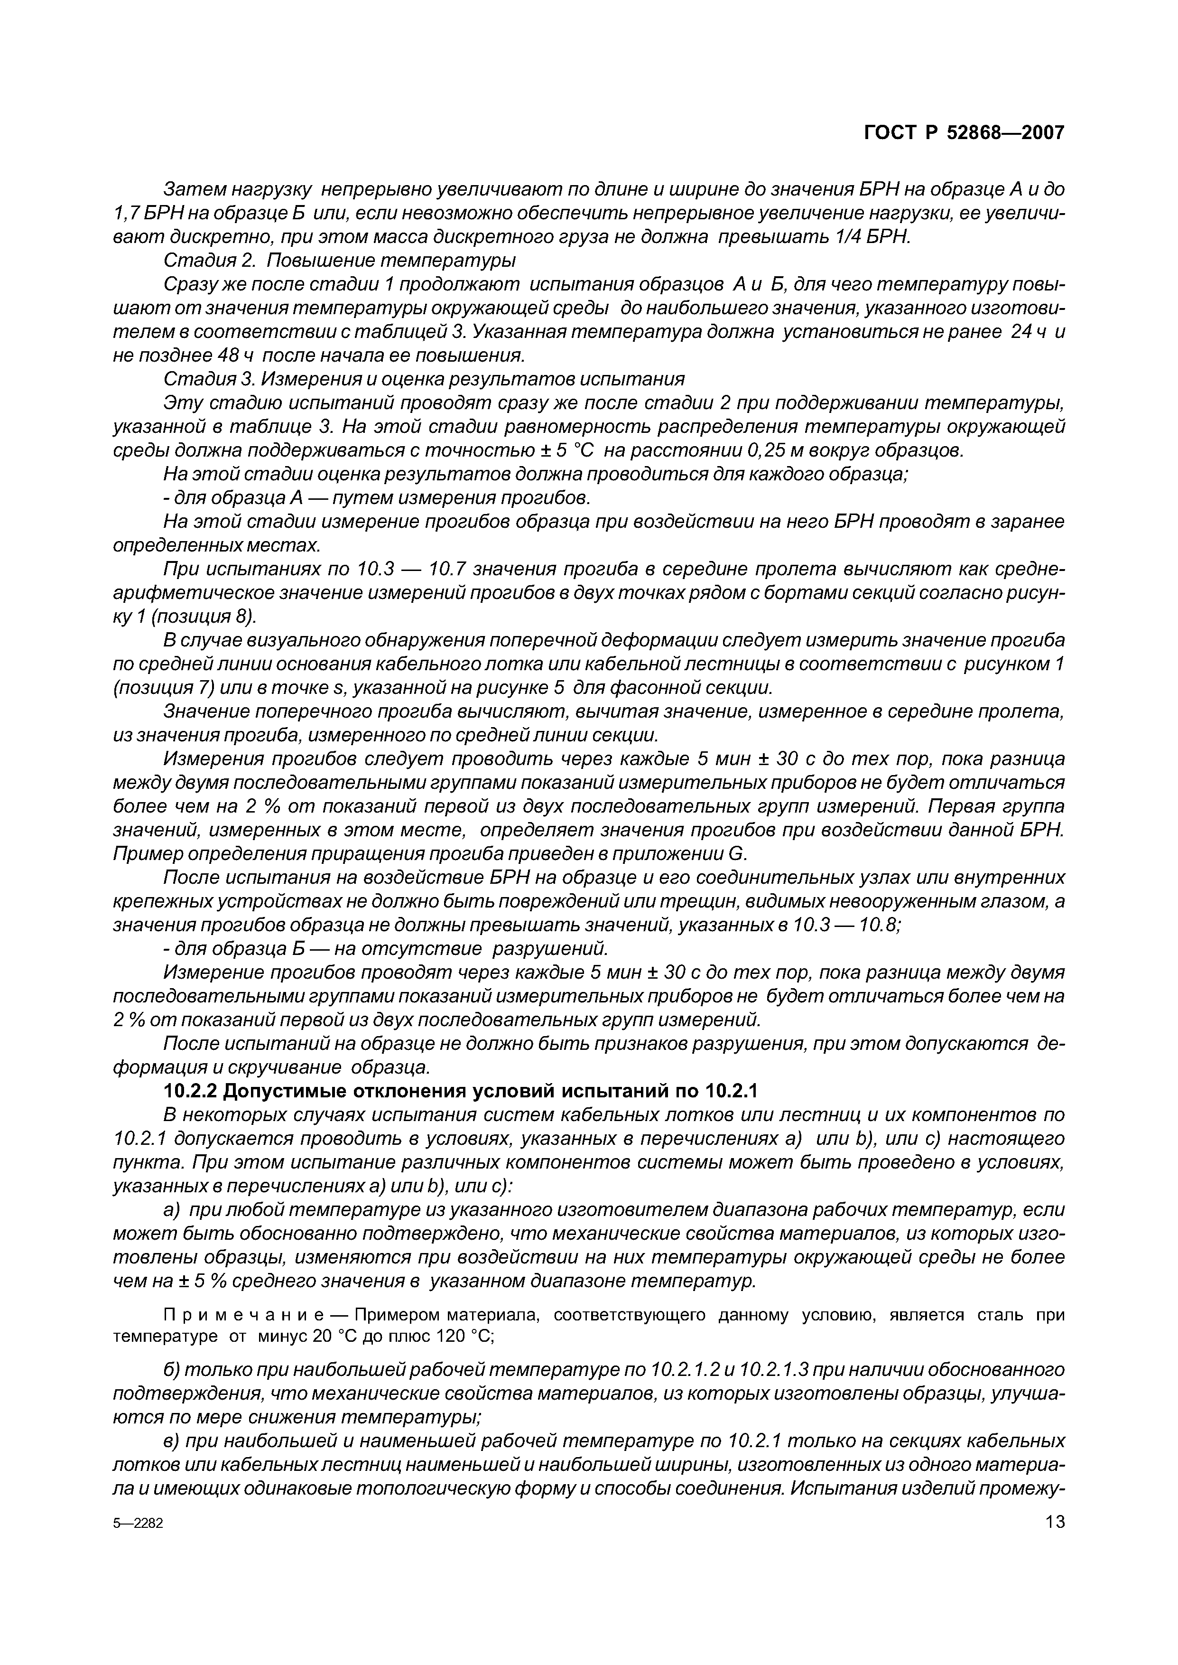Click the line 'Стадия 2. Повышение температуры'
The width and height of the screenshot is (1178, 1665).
(x=340, y=260)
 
